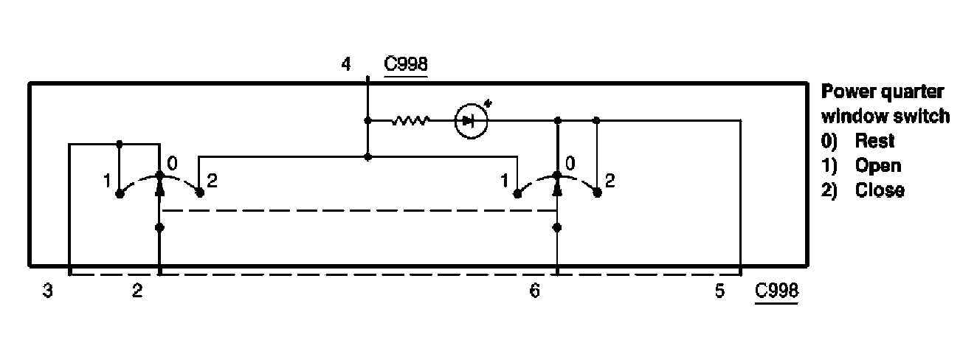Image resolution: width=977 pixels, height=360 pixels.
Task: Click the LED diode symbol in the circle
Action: pyautogui.click(x=471, y=121)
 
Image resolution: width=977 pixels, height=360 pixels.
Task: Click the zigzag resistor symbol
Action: pyautogui.click(x=410, y=120)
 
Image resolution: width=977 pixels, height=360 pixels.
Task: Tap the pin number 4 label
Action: pyautogui.click(x=346, y=64)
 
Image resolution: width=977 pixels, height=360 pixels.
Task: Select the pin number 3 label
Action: pyautogui.click(x=47, y=290)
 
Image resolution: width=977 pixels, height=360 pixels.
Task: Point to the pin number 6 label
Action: pyautogui.click(x=535, y=290)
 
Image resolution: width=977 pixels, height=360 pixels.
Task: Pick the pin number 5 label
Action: pyautogui.click(x=719, y=290)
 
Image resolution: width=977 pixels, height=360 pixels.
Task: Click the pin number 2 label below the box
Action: pyautogui.click(x=137, y=290)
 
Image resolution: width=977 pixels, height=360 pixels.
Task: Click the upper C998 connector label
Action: pyautogui.click(x=406, y=64)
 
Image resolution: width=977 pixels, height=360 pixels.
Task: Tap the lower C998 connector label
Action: pyautogui.click(x=776, y=290)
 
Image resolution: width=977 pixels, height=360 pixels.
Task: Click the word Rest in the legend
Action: pyautogui.click(x=874, y=141)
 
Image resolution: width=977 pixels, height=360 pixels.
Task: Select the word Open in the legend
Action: pyautogui.click(x=878, y=166)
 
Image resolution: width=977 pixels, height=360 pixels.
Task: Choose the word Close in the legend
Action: pyautogui.click(x=880, y=190)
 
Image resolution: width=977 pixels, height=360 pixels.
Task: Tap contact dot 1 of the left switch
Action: pyautogui.click(x=120, y=194)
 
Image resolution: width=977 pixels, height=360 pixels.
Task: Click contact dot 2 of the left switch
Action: pyautogui.click(x=200, y=193)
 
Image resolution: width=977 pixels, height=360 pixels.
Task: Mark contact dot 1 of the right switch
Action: pyautogui.click(x=517, y=193)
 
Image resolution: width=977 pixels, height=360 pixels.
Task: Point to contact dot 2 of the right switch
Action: pyautogui.click(x=598, y=193)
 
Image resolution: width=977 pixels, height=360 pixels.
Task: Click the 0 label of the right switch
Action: pyautogui.click(x=570, y=164)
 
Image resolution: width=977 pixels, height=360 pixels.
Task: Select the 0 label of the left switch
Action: pyautogui.click(x=172, y=164)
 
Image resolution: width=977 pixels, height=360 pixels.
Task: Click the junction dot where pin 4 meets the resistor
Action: pyautogui.click(x=367, y=120)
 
